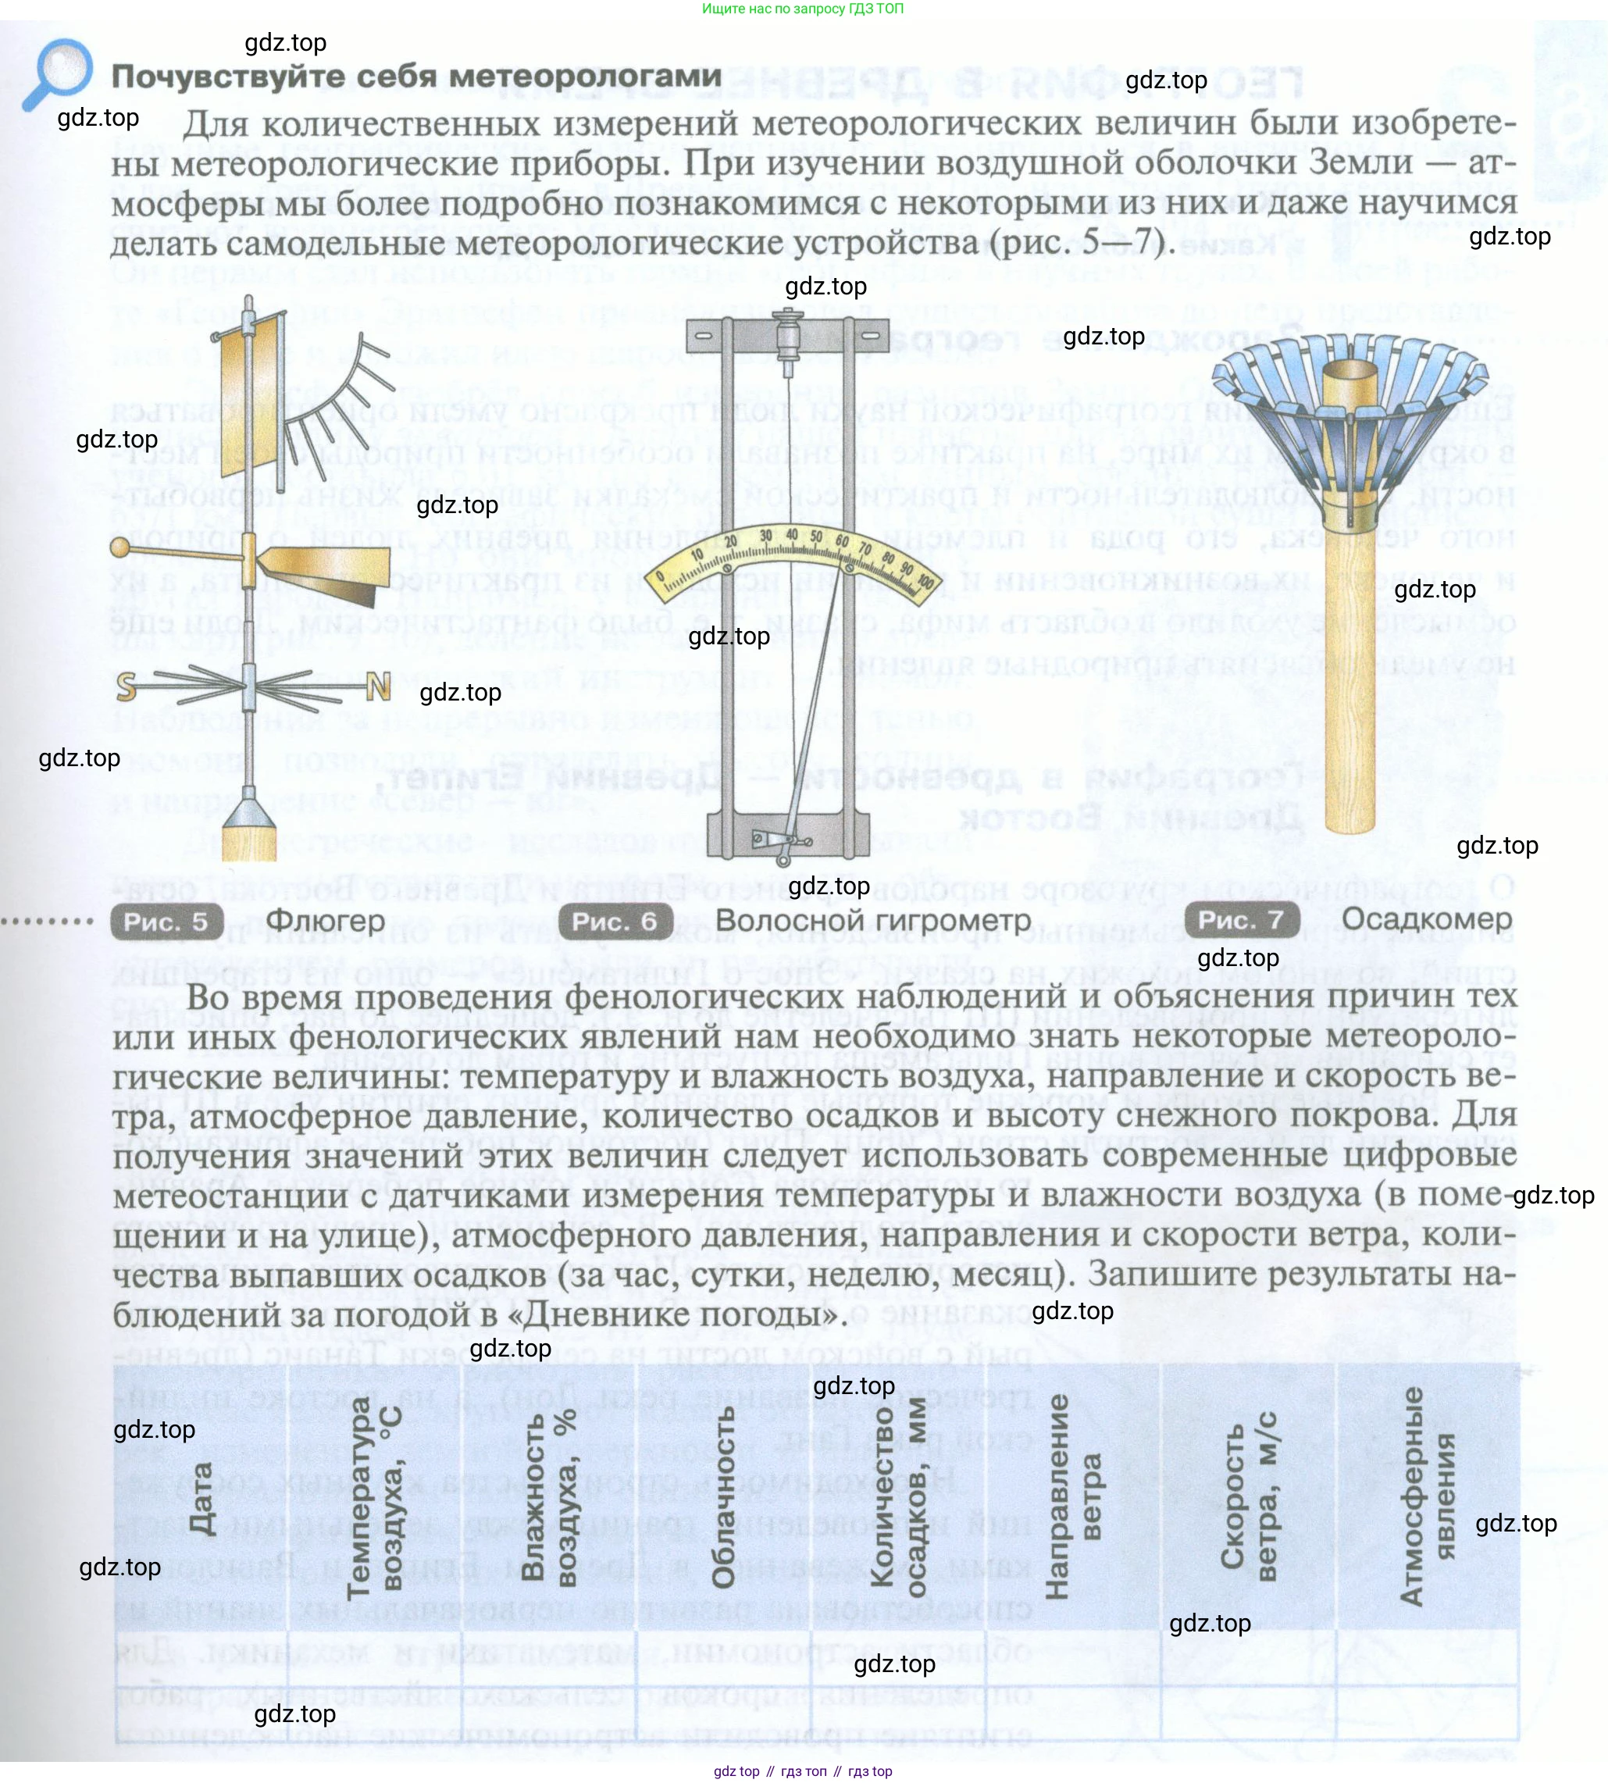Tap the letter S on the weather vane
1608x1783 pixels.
click(x=127, y=686)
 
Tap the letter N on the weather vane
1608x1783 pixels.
click(x=378, y=686)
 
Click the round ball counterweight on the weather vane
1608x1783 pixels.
click(x=119, y=547)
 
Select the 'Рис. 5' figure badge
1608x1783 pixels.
click(x=166, y=922)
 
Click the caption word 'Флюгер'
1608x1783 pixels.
click(x=325, y=921)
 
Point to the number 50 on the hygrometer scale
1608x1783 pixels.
click(x=815, y=537)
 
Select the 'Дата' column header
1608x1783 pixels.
click(x=201, y=1496)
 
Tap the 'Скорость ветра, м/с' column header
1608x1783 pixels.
click(x=1249, y=1496)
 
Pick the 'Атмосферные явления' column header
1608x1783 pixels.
click(x=1425, y=1496)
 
